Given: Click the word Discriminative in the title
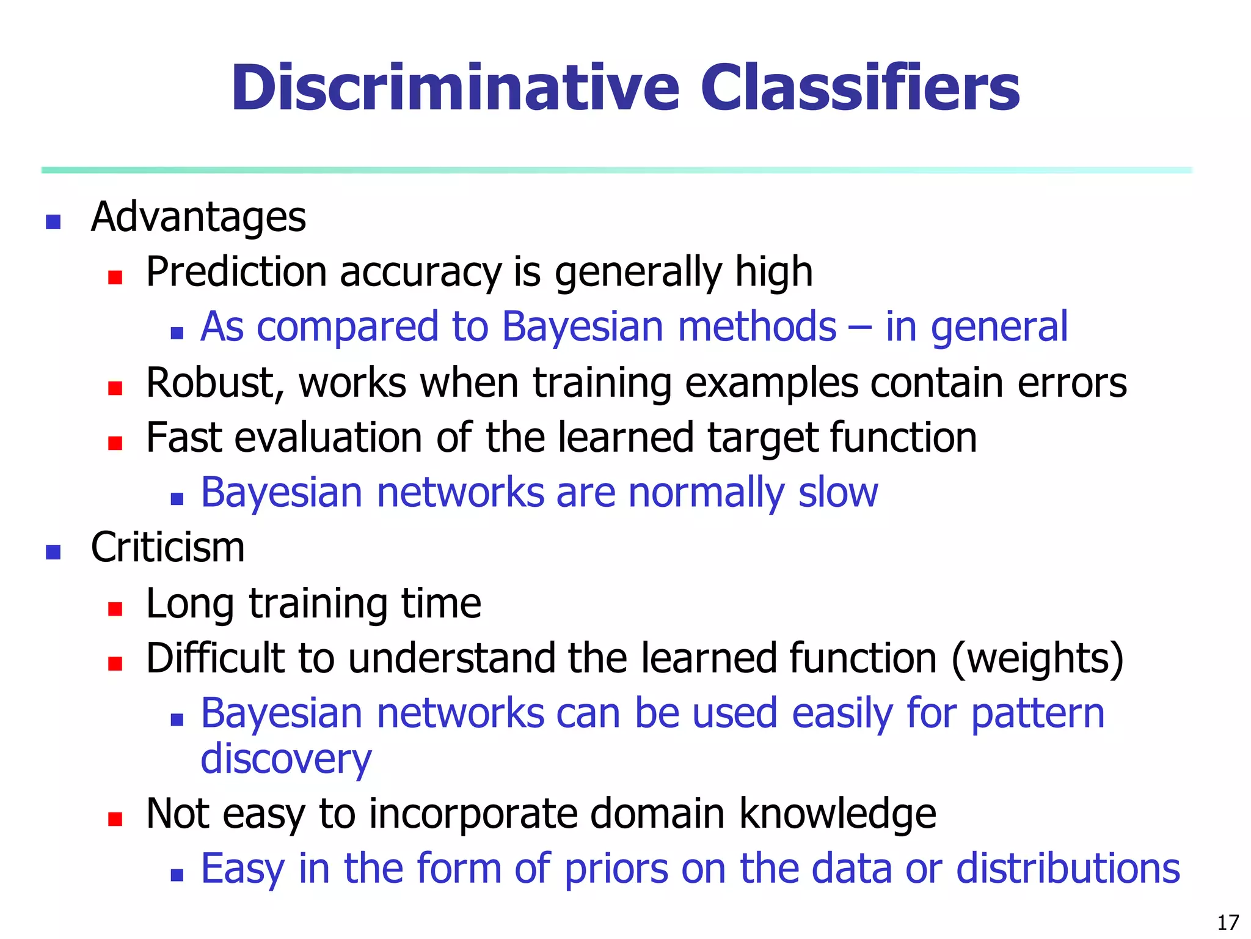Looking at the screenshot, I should (455, 89).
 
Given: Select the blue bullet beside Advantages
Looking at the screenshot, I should (53, 222).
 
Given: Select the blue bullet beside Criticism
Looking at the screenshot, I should (53, 552).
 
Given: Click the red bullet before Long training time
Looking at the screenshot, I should (115, 608).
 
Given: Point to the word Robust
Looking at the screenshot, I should (214, 383).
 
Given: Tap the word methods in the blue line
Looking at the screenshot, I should (757, 326).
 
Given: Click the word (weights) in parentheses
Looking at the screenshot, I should (1038, 659).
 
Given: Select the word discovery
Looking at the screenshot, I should (286, 760).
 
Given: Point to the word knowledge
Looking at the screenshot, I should (837, 814).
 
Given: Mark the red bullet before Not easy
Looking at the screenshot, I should (115, 819).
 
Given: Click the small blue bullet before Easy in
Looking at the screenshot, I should (177, 875).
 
